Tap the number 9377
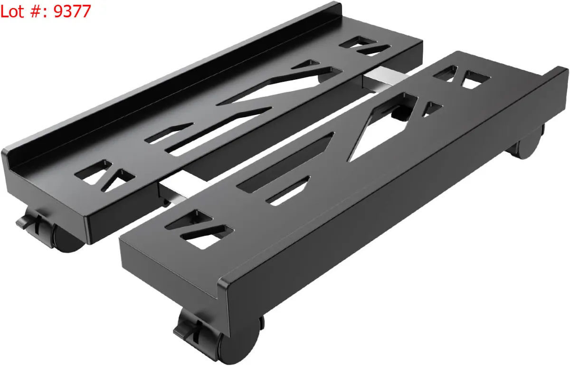click(x=72, y=11)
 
